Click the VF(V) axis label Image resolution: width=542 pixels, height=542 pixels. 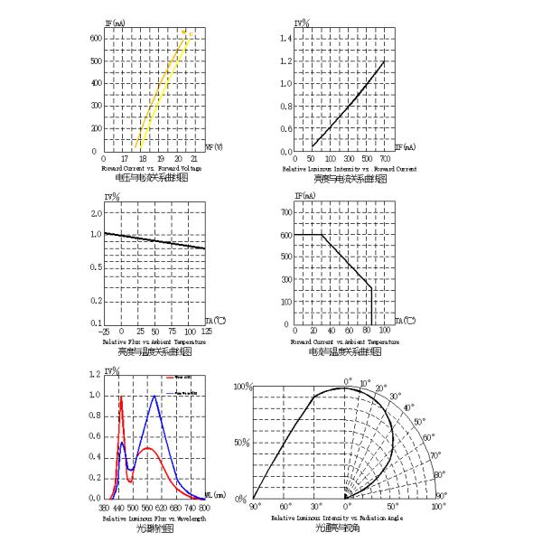[215, 147]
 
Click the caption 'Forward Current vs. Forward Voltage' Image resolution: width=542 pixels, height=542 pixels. [151, 169]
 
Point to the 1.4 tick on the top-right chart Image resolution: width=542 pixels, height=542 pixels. [287, 38]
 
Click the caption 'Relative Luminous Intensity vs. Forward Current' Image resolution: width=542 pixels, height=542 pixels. [350, 169]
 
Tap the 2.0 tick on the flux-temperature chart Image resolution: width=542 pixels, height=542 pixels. [97, 212]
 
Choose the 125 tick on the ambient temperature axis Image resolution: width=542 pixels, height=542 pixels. [206, 332]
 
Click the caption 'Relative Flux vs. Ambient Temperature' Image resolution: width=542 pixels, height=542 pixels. [154, 342]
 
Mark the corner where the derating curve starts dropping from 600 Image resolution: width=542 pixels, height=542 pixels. [323, 235]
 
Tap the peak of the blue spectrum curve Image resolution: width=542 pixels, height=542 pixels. [154, 396]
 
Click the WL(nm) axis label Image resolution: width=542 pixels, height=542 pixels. [214, 495]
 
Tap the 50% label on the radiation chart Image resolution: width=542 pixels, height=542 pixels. [240, 443]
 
